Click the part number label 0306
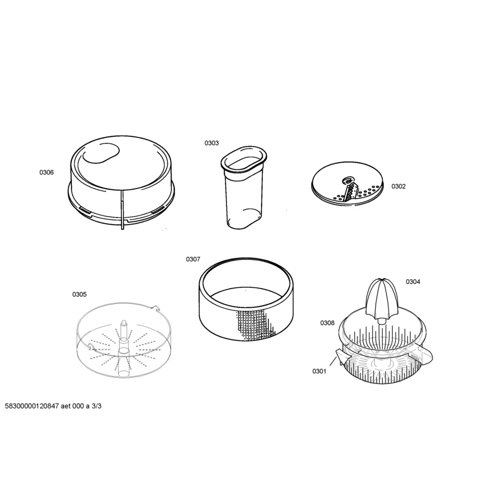point(46,172)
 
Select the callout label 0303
point(211,143)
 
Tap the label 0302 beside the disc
point(398,186)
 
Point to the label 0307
point(193,259)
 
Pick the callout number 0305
point(79,294)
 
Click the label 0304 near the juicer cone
point(413,282)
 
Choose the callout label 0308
point(327,323)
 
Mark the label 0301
point(319,371)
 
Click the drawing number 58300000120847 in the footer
point(31,406)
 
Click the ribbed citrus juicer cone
point(380,300)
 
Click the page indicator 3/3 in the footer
point(97,406)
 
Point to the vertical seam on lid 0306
point(122,210)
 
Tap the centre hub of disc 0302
point(346,180)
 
